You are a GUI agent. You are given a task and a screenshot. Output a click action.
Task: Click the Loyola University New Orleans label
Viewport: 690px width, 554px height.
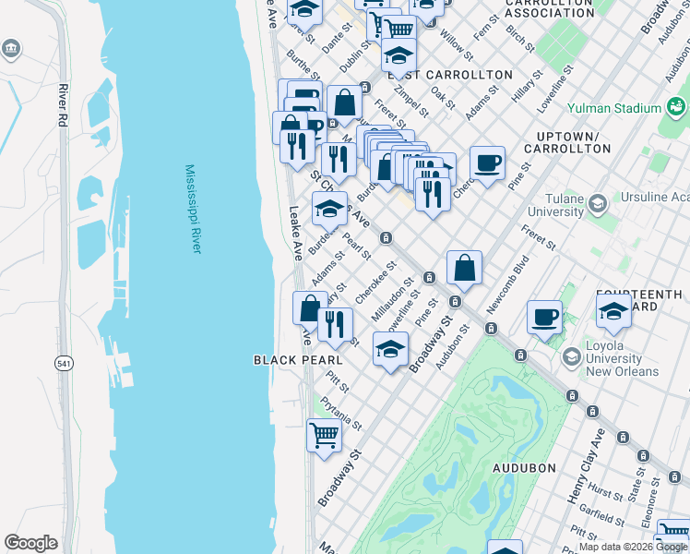(x=624, y=358)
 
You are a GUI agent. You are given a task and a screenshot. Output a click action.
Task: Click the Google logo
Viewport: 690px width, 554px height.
(x=30, y=543)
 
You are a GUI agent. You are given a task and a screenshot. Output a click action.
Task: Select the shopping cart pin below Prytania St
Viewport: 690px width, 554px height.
(x=324, y=434)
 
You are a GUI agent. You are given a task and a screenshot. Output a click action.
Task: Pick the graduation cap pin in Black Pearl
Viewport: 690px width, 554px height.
(x=390, y=350)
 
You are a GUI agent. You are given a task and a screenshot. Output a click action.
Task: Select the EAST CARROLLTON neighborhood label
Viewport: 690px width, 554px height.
(x=449, y=75)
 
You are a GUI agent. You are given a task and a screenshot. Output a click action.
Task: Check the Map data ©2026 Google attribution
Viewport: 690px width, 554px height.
(x=633, y=547)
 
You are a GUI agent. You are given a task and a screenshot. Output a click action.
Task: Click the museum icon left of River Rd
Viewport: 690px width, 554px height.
(x=11, y=48)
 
